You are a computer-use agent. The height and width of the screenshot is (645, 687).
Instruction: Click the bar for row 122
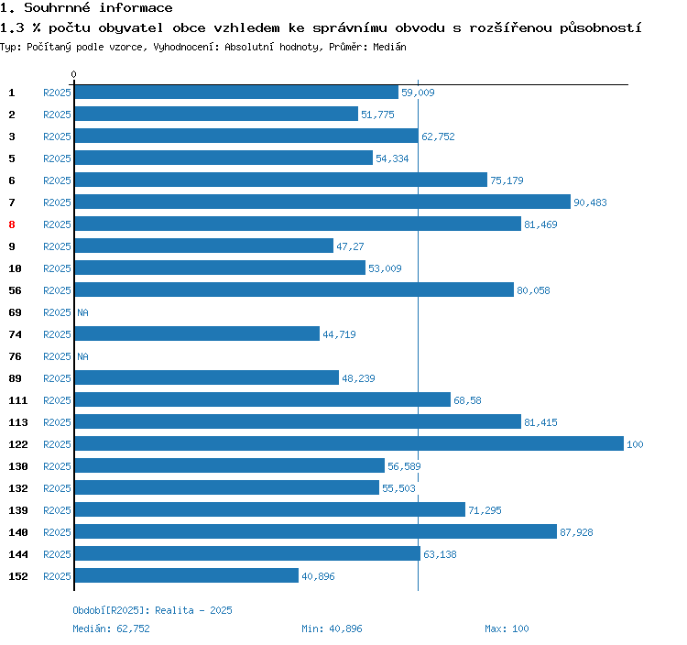pos(348,444)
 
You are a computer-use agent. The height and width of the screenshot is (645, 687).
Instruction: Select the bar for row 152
pos(186,576)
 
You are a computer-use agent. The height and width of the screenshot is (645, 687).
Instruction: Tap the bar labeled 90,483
pos(322,202)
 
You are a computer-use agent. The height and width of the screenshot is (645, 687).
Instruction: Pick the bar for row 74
pos(196,334)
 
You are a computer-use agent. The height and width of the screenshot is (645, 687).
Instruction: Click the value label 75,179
pos(507,180)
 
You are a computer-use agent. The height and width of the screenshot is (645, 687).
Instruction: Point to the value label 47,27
pos(351,246)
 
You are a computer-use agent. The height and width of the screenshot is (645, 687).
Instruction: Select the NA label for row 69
pos(82,312)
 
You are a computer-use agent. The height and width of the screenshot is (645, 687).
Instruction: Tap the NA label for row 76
pos(82,356)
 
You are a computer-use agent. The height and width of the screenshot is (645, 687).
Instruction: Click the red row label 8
pos(12,224)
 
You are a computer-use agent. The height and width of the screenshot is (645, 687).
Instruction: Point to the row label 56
pos(15,290)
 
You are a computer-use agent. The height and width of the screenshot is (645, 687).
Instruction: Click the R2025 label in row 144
pos(57,554)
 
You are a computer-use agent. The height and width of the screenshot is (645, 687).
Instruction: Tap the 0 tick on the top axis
pos(74,74)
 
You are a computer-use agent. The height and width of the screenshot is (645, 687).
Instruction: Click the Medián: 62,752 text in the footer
pos(111,629)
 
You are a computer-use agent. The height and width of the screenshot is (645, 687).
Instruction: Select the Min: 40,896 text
pos(332,629)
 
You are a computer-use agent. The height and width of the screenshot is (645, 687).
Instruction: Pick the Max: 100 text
pos(507,629)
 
